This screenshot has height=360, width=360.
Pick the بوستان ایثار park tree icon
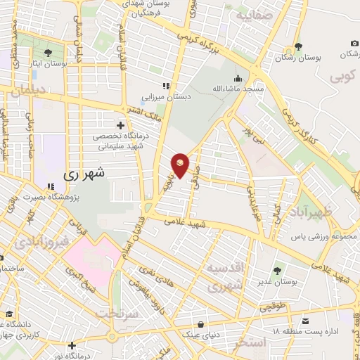pyautogui.click(x=47, y=53)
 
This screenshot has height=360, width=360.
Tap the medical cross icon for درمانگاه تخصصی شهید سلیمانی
pyautogui.click(x=120, y=124)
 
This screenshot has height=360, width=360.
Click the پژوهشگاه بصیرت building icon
pyautogui.click(x=49, y=187)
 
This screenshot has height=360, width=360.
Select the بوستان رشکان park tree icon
pyautogui.click(x=298, y=46)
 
